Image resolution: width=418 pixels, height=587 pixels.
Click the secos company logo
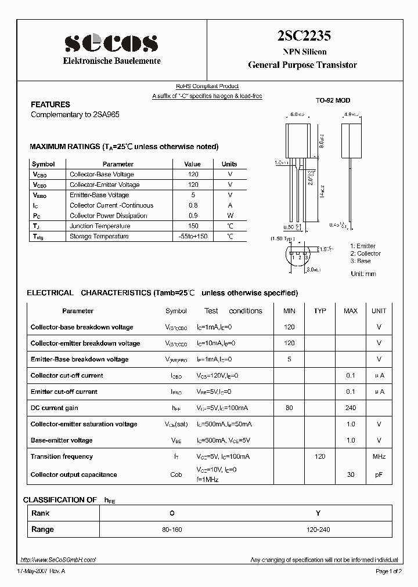(x=111, y=43)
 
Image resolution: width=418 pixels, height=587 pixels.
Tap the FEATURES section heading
(x=51, y=104)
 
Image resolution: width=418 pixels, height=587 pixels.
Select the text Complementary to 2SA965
(x=75, y=115)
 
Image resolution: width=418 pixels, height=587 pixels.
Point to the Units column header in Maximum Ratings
(x=229, y=164)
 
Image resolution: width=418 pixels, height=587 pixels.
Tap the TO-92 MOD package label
(x=333, y=100)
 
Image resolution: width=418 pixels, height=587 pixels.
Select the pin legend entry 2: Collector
(x=365, y=253)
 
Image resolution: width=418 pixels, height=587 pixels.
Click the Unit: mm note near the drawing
(x=363, y=274)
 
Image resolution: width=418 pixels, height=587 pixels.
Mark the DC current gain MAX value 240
(x=351, y=408)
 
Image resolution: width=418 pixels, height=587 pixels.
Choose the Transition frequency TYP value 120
(x=320, y=456)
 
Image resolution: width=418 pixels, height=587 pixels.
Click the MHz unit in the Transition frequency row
(x=379, y=456)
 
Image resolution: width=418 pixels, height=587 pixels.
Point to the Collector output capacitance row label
(x=74, y=474)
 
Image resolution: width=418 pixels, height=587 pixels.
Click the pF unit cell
(x=379, y=474)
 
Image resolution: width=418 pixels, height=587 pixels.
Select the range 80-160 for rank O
(x=171, y=530)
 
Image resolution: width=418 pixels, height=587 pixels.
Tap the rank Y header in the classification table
(x=318, y=513)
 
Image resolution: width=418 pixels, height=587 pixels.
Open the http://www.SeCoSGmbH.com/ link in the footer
(x=58, y=560)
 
